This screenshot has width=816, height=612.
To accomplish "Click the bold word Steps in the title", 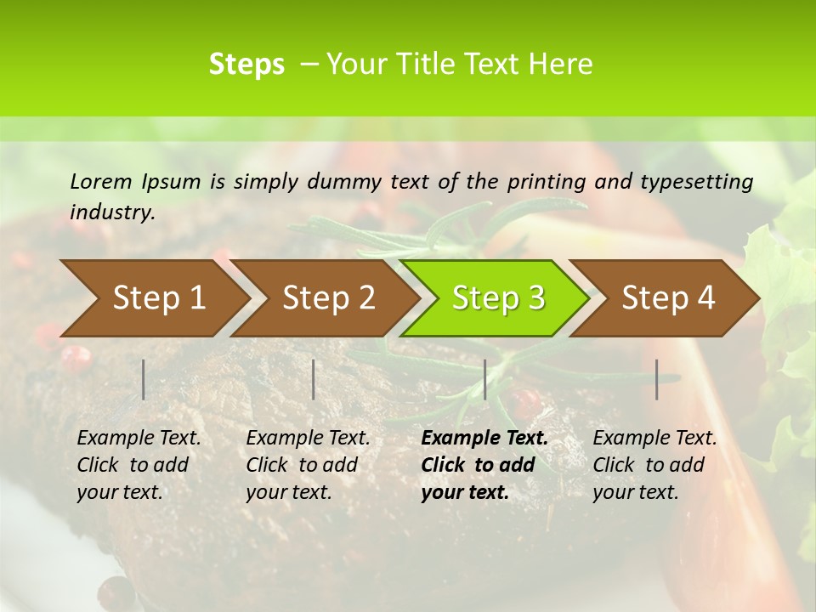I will click(x=246, y=65).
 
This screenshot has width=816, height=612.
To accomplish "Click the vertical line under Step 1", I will click(x=144, y=379).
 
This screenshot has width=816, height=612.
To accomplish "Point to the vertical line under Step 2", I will click(x=314, y=379).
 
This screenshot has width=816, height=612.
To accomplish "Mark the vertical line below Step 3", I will click(x=484, y=379).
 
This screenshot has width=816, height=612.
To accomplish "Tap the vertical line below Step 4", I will click(x=657, y=379).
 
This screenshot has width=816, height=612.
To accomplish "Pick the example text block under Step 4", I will click(x=654, y=465).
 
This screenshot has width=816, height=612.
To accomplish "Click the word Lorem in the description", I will click(x=101, y=181).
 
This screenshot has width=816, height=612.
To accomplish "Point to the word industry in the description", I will click(x=112, y=212).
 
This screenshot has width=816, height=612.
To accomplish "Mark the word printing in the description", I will click(x=546, y=182).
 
